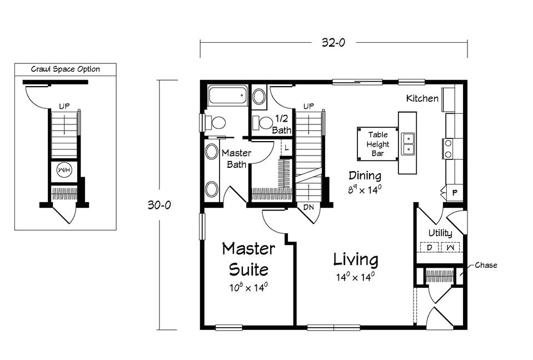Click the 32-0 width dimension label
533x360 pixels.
click(x=333, y=42)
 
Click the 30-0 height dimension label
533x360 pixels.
click(x=159, y=205)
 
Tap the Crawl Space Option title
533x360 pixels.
click(x=66, y=69)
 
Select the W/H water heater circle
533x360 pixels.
click(x=64, y=170)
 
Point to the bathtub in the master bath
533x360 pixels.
click(x=228, y=96)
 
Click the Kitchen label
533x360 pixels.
click(x=422, y=98)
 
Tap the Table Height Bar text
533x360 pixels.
click(x=378, y=144)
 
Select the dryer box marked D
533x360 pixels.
click(x=429, y=247)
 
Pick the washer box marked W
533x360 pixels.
click(x=451, y=247)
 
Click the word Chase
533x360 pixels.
click(x=486, y=265)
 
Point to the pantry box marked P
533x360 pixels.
click(x=455, y=193)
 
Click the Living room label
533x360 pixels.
click(x=356, y=260)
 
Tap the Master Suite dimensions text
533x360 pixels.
click(x=248, y=288)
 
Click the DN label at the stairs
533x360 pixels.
click(x=308, y=207)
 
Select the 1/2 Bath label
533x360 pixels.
click(x=282, y=124)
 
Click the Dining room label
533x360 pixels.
click(x=365, y=176)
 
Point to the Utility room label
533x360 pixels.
click(x=440, y=233)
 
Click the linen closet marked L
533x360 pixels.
click(x=287, y=148)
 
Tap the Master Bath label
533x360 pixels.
click(x=237, y=159)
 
